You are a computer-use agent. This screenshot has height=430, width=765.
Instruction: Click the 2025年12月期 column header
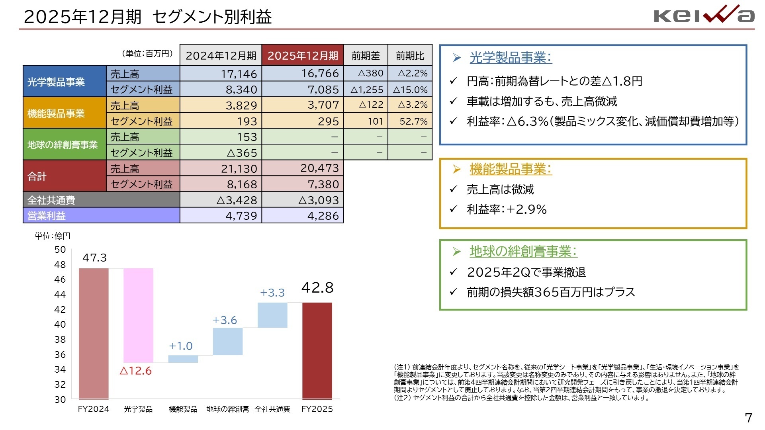[x=302, y=55]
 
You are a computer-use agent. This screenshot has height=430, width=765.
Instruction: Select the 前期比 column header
[x=410, y=56]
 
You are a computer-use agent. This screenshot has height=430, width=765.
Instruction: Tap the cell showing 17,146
[x=221, y=74]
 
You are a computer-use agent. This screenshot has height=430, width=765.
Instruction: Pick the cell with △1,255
[x=366, y=90]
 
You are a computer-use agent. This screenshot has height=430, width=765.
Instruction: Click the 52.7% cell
[x=410, y=121]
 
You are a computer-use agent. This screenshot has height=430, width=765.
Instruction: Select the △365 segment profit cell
[x=221, y=152]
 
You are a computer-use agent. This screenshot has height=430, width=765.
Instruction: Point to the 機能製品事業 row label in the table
[x=56, y=113]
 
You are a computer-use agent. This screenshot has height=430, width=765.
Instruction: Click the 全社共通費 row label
[x=51, y=200]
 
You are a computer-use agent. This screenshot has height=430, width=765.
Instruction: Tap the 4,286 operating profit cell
[x=303, y=216]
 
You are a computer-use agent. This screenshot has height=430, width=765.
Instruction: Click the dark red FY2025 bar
[x=317, y=350]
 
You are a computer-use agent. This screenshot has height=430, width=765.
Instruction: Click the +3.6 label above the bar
[x=225, y=320]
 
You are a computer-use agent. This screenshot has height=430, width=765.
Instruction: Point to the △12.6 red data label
[x=135, y=371]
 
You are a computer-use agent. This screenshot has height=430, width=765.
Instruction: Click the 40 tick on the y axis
[x=60, y=324]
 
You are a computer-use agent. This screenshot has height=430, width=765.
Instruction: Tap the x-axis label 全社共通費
[x=272, y=409]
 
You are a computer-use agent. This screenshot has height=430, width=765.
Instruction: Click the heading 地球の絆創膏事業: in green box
[x=523, y=251]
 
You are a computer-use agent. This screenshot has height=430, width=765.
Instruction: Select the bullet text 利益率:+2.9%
[x=506, y=209]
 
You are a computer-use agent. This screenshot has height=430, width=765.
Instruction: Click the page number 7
[x=748, y=418]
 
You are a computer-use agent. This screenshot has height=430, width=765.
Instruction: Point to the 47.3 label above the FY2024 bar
[x=94, y=258]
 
